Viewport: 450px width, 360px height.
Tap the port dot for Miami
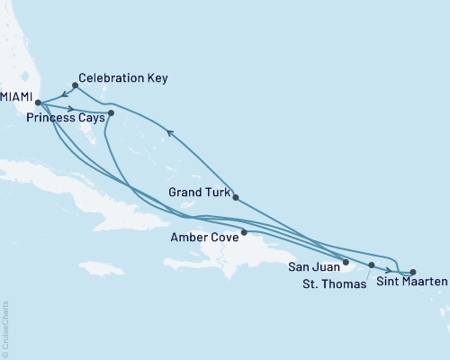38,103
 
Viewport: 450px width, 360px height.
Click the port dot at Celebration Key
75,85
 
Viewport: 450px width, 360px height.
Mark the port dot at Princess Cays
111,113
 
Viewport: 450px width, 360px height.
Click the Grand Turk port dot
235,196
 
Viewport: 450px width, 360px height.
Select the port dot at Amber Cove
244,231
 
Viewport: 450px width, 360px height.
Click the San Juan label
313,266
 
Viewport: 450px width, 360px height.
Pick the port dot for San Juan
346,262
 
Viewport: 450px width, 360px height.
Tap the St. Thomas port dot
371,265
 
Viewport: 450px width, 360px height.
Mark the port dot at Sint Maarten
413,271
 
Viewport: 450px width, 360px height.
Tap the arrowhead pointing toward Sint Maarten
389,269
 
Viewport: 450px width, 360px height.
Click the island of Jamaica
101,267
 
